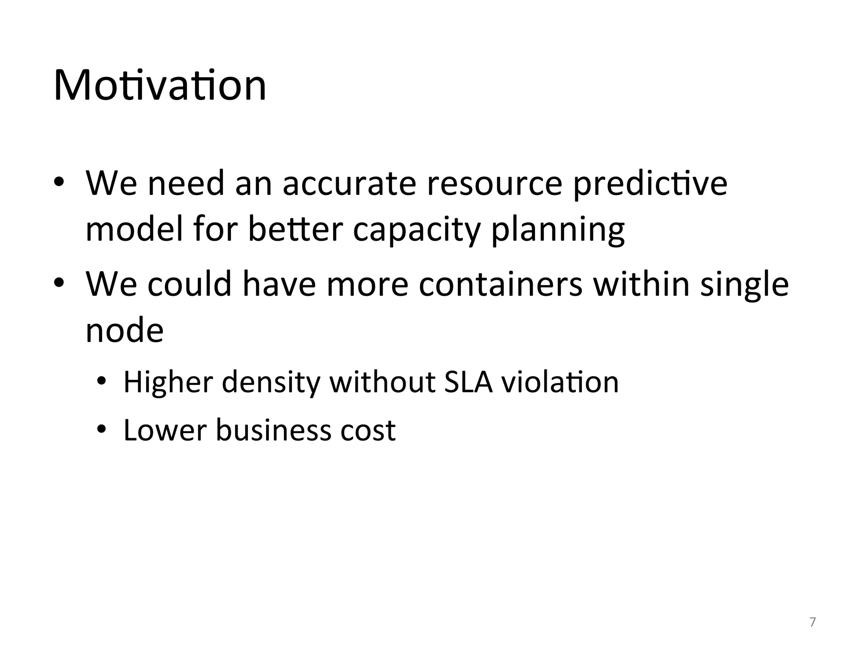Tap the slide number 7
pyautogui.click(x=812, y=622)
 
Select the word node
pyautogui.click(x=125, y=331)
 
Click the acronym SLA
pyautogui.click(x=468, y=382)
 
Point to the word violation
pyautogui.click(x=560, y=382)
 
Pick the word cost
pyautogui.click(x=368, y=431)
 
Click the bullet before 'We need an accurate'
pyautogui.click(x=59, y=182)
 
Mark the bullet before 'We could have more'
pyautogui.click(x=59, y=283)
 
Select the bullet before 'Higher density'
pyautogui.click(x=101, y=382)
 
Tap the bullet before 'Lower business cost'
pyautogui.click(x=101, y=430)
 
